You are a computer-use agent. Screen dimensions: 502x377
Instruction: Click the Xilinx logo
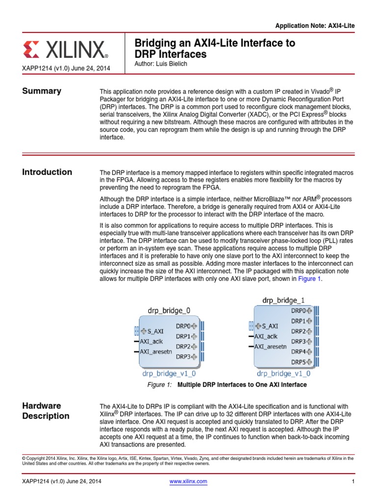(x=65, y=50)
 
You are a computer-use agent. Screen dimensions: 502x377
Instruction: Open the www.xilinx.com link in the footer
(x=188, y=482)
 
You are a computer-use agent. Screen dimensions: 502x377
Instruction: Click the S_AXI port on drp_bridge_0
(x=154, y=330)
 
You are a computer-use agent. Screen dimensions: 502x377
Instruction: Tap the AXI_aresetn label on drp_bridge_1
(x=270, y=347)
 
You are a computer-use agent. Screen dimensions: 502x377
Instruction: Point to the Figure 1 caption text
(x=227, y=385)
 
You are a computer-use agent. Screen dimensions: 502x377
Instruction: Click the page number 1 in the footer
(x=353, y=482)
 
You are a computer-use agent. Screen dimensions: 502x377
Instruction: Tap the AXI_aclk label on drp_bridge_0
(x=151, y=341)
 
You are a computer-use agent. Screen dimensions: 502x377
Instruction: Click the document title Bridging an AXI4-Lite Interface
(x=215, y=49)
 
